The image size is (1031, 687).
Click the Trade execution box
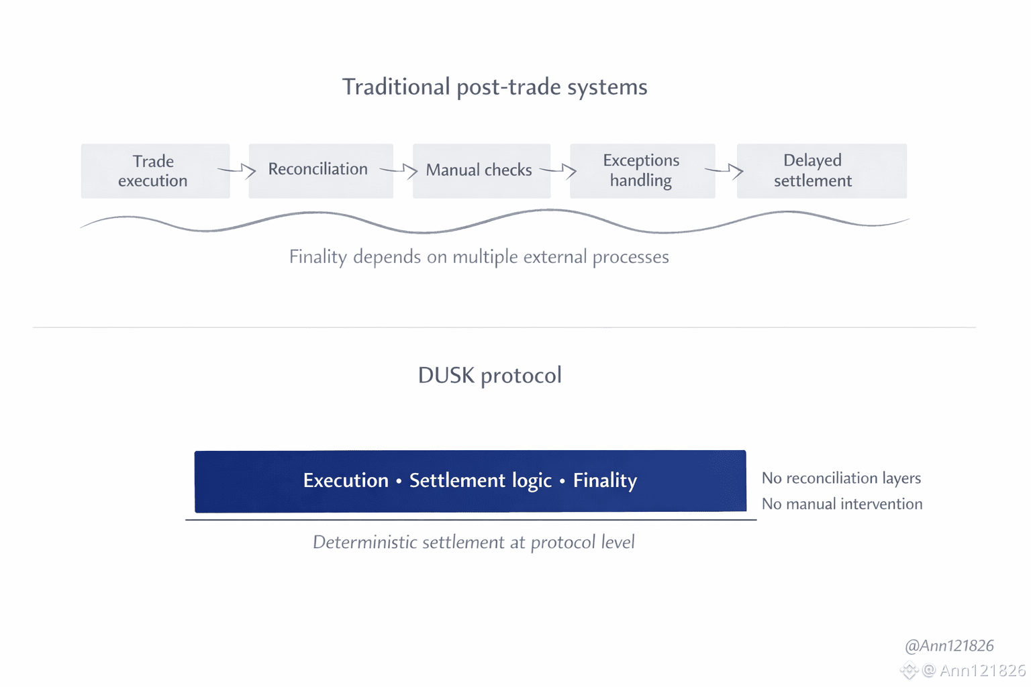[x=155, y=171]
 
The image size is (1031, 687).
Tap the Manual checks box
[x=481, y=170]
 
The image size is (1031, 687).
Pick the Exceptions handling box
[x=642, y=170]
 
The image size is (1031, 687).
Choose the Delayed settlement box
[x=821, y=170]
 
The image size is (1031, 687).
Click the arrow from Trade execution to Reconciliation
[x=238, y=170]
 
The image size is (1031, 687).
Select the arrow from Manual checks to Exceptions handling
[x=559, y=170]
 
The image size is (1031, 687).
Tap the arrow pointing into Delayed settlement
[x=725, y=170]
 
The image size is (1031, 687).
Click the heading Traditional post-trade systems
[x=495, y=87]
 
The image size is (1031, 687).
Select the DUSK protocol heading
[x=489, y=376]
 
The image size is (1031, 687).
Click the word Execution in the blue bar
[x=346, y=480]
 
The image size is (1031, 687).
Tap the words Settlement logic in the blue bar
[x=480, y=480]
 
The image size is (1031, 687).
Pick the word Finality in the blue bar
[x=605, y=480]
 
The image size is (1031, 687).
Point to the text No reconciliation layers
[x=841, y=478]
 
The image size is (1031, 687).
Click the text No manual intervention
[x=842, y=504]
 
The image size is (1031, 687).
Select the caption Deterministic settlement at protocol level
[x=473, y=542]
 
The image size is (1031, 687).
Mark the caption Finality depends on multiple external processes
[x=479, y=257]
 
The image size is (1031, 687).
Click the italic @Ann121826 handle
[x=949, y=645]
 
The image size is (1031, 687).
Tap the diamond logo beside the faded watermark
[x=909, y=670]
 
